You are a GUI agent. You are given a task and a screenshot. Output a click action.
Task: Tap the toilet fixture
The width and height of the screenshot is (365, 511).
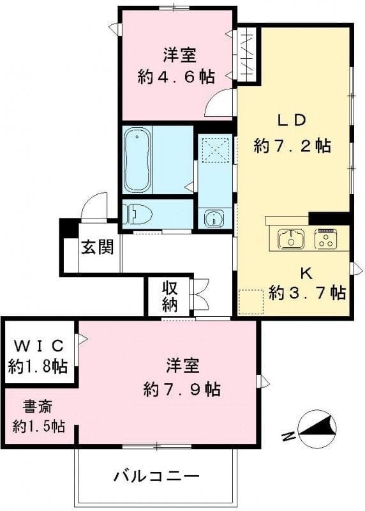click(x=138, y=213)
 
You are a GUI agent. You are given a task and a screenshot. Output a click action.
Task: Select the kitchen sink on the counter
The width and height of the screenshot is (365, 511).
click(x=291, y=240)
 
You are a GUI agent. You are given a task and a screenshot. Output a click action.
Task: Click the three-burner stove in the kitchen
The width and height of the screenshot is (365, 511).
click(x=327, y=239)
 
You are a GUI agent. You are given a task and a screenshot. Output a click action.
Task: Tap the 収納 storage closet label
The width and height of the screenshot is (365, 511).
click(x=169, y=296)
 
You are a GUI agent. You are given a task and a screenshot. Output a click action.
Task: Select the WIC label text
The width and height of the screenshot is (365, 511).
click(x=38, y=346)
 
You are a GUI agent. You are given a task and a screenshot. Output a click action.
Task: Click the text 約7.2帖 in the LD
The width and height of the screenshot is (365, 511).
click(x=292, y=146)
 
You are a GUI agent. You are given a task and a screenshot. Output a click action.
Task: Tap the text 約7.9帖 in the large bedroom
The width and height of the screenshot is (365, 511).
click(x=182, y=389)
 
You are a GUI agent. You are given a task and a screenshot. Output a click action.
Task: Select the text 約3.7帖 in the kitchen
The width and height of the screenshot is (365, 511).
click(x=308, y=293)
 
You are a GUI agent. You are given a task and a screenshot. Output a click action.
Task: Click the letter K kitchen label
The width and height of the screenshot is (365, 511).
click(x=306, y=272)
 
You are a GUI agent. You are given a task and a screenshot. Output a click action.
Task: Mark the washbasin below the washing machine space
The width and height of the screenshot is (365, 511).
click(x=212, y=218)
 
